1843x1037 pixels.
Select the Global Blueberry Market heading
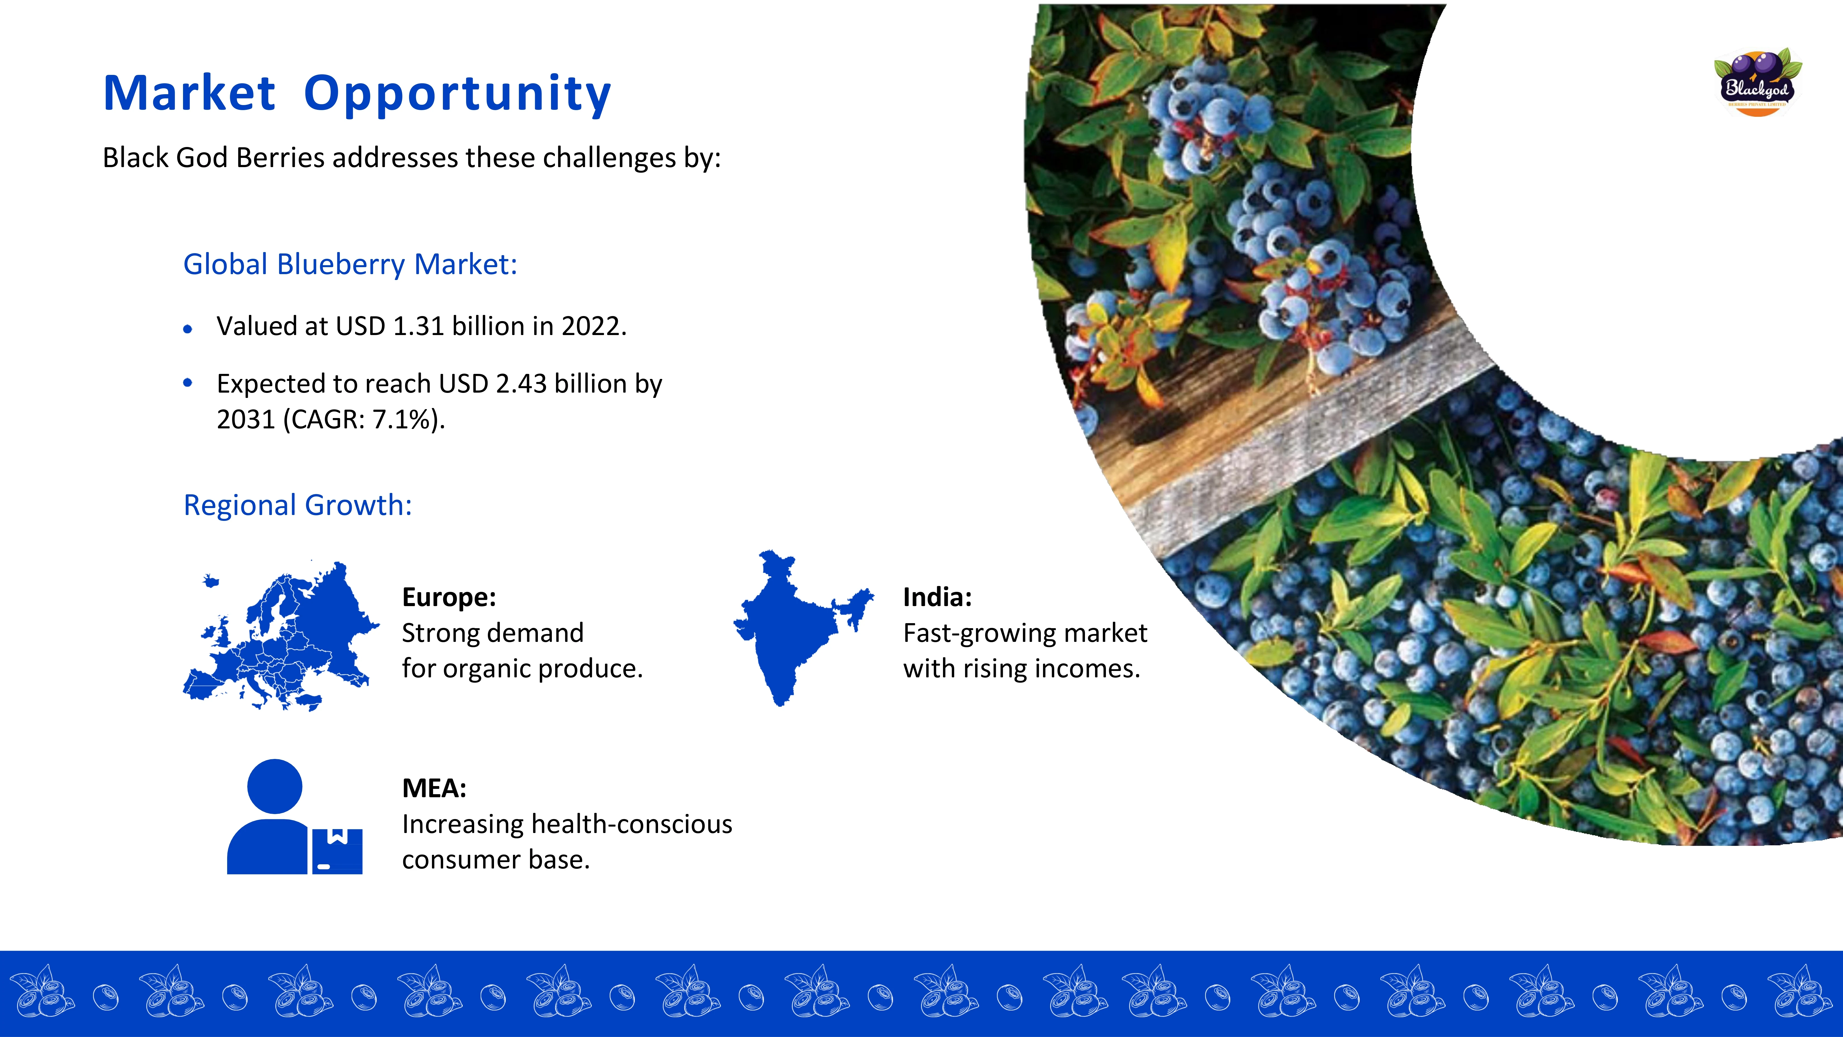coord(350,264)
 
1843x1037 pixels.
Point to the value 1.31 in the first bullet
coord(419,326)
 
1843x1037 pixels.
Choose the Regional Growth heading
coord(298,505)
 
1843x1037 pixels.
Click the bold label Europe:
coord(448,597)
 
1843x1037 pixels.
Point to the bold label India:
coord(937,597)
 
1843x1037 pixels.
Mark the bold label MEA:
coord(434,788)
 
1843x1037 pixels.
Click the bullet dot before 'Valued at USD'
coord(187,329)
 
